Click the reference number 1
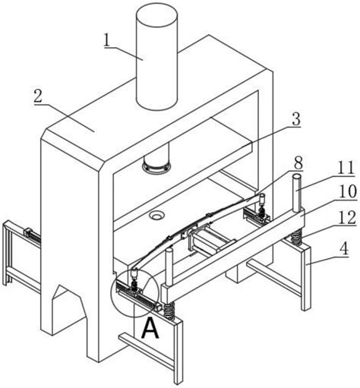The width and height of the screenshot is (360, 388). point(108,40)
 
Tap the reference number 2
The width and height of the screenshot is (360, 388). point(38,96)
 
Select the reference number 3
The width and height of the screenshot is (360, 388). point(296,119)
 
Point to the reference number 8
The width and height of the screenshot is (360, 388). point(298,163)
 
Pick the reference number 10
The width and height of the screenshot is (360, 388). point(349,191)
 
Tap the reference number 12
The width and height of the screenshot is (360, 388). point(348,217)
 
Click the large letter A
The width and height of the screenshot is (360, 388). point(150,328)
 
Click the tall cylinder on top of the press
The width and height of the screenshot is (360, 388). point(156,57)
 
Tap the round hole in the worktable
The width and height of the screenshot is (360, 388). point(156,216)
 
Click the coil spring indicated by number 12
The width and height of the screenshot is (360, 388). point(295,237)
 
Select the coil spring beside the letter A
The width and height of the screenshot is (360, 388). point(169,311)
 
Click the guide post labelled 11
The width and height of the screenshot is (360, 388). point(297,193)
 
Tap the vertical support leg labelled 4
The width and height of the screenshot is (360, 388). point(306,279)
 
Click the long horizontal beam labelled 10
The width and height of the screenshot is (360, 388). point(234,253)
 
